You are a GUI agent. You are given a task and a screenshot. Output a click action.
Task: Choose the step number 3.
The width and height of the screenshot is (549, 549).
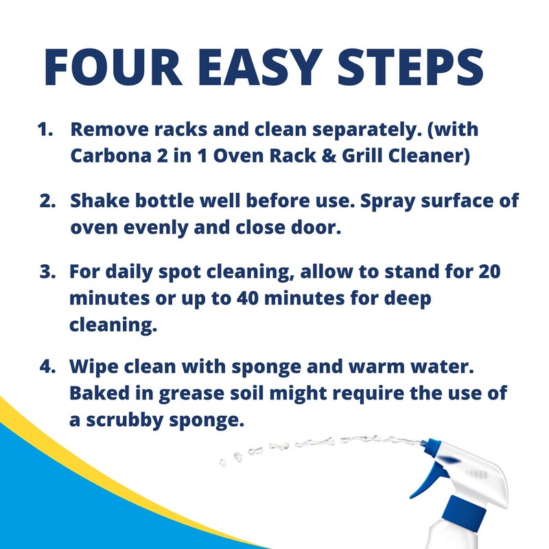tap(47, 272)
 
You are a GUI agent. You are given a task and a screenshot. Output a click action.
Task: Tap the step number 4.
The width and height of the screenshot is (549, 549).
tap(47, 367)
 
